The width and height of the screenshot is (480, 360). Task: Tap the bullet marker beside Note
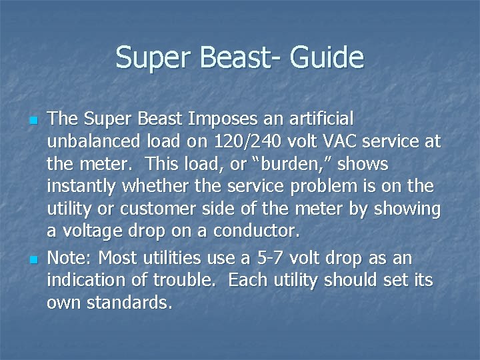tap(33, 259)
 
